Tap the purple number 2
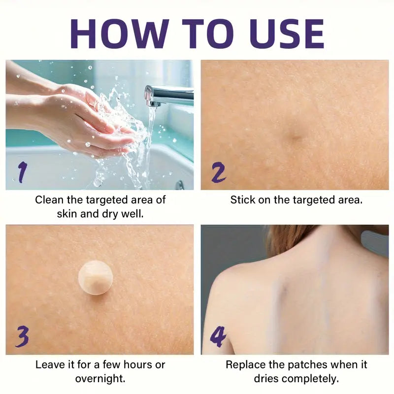tap(217, 173)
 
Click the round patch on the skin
tap(96, 278)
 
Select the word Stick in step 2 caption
tap(242, 200)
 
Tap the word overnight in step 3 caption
tap(100, 379)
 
